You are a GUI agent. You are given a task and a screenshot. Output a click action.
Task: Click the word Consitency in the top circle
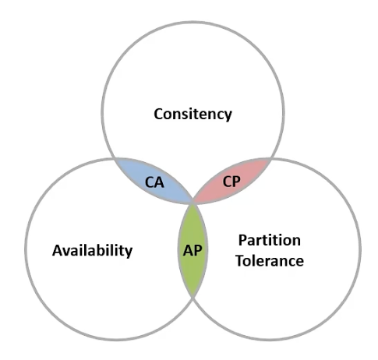click(193, 115)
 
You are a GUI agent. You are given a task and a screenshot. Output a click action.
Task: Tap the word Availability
click(93, 251)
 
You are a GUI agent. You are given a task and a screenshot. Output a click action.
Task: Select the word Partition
click(270, 240)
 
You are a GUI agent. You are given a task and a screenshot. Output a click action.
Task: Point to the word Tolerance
click(270, 260)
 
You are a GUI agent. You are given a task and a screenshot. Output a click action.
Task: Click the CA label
click(154, 182)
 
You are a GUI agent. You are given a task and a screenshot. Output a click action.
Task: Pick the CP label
click(231, 182)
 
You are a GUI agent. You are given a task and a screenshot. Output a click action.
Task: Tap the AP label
click(193, 250)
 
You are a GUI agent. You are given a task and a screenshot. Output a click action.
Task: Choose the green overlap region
click(193, 250)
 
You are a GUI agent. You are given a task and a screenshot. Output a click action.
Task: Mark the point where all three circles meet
click(193, 202)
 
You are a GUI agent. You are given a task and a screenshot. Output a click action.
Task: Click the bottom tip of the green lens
click(193, 297)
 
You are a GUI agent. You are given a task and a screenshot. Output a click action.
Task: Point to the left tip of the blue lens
click(115, 158)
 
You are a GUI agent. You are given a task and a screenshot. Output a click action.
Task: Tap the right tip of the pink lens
click(271, 158)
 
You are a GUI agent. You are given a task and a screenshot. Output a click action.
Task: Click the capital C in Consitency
click(158, 114)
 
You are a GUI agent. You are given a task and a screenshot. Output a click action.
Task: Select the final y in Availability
click(129, 253)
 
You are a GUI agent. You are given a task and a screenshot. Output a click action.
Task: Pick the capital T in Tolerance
click(240, 260)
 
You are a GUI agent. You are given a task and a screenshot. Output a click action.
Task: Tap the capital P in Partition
click(242, 240)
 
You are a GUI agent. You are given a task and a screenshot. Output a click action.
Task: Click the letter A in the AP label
click(188, 250)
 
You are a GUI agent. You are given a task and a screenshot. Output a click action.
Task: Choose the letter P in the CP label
click(237, 182)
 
